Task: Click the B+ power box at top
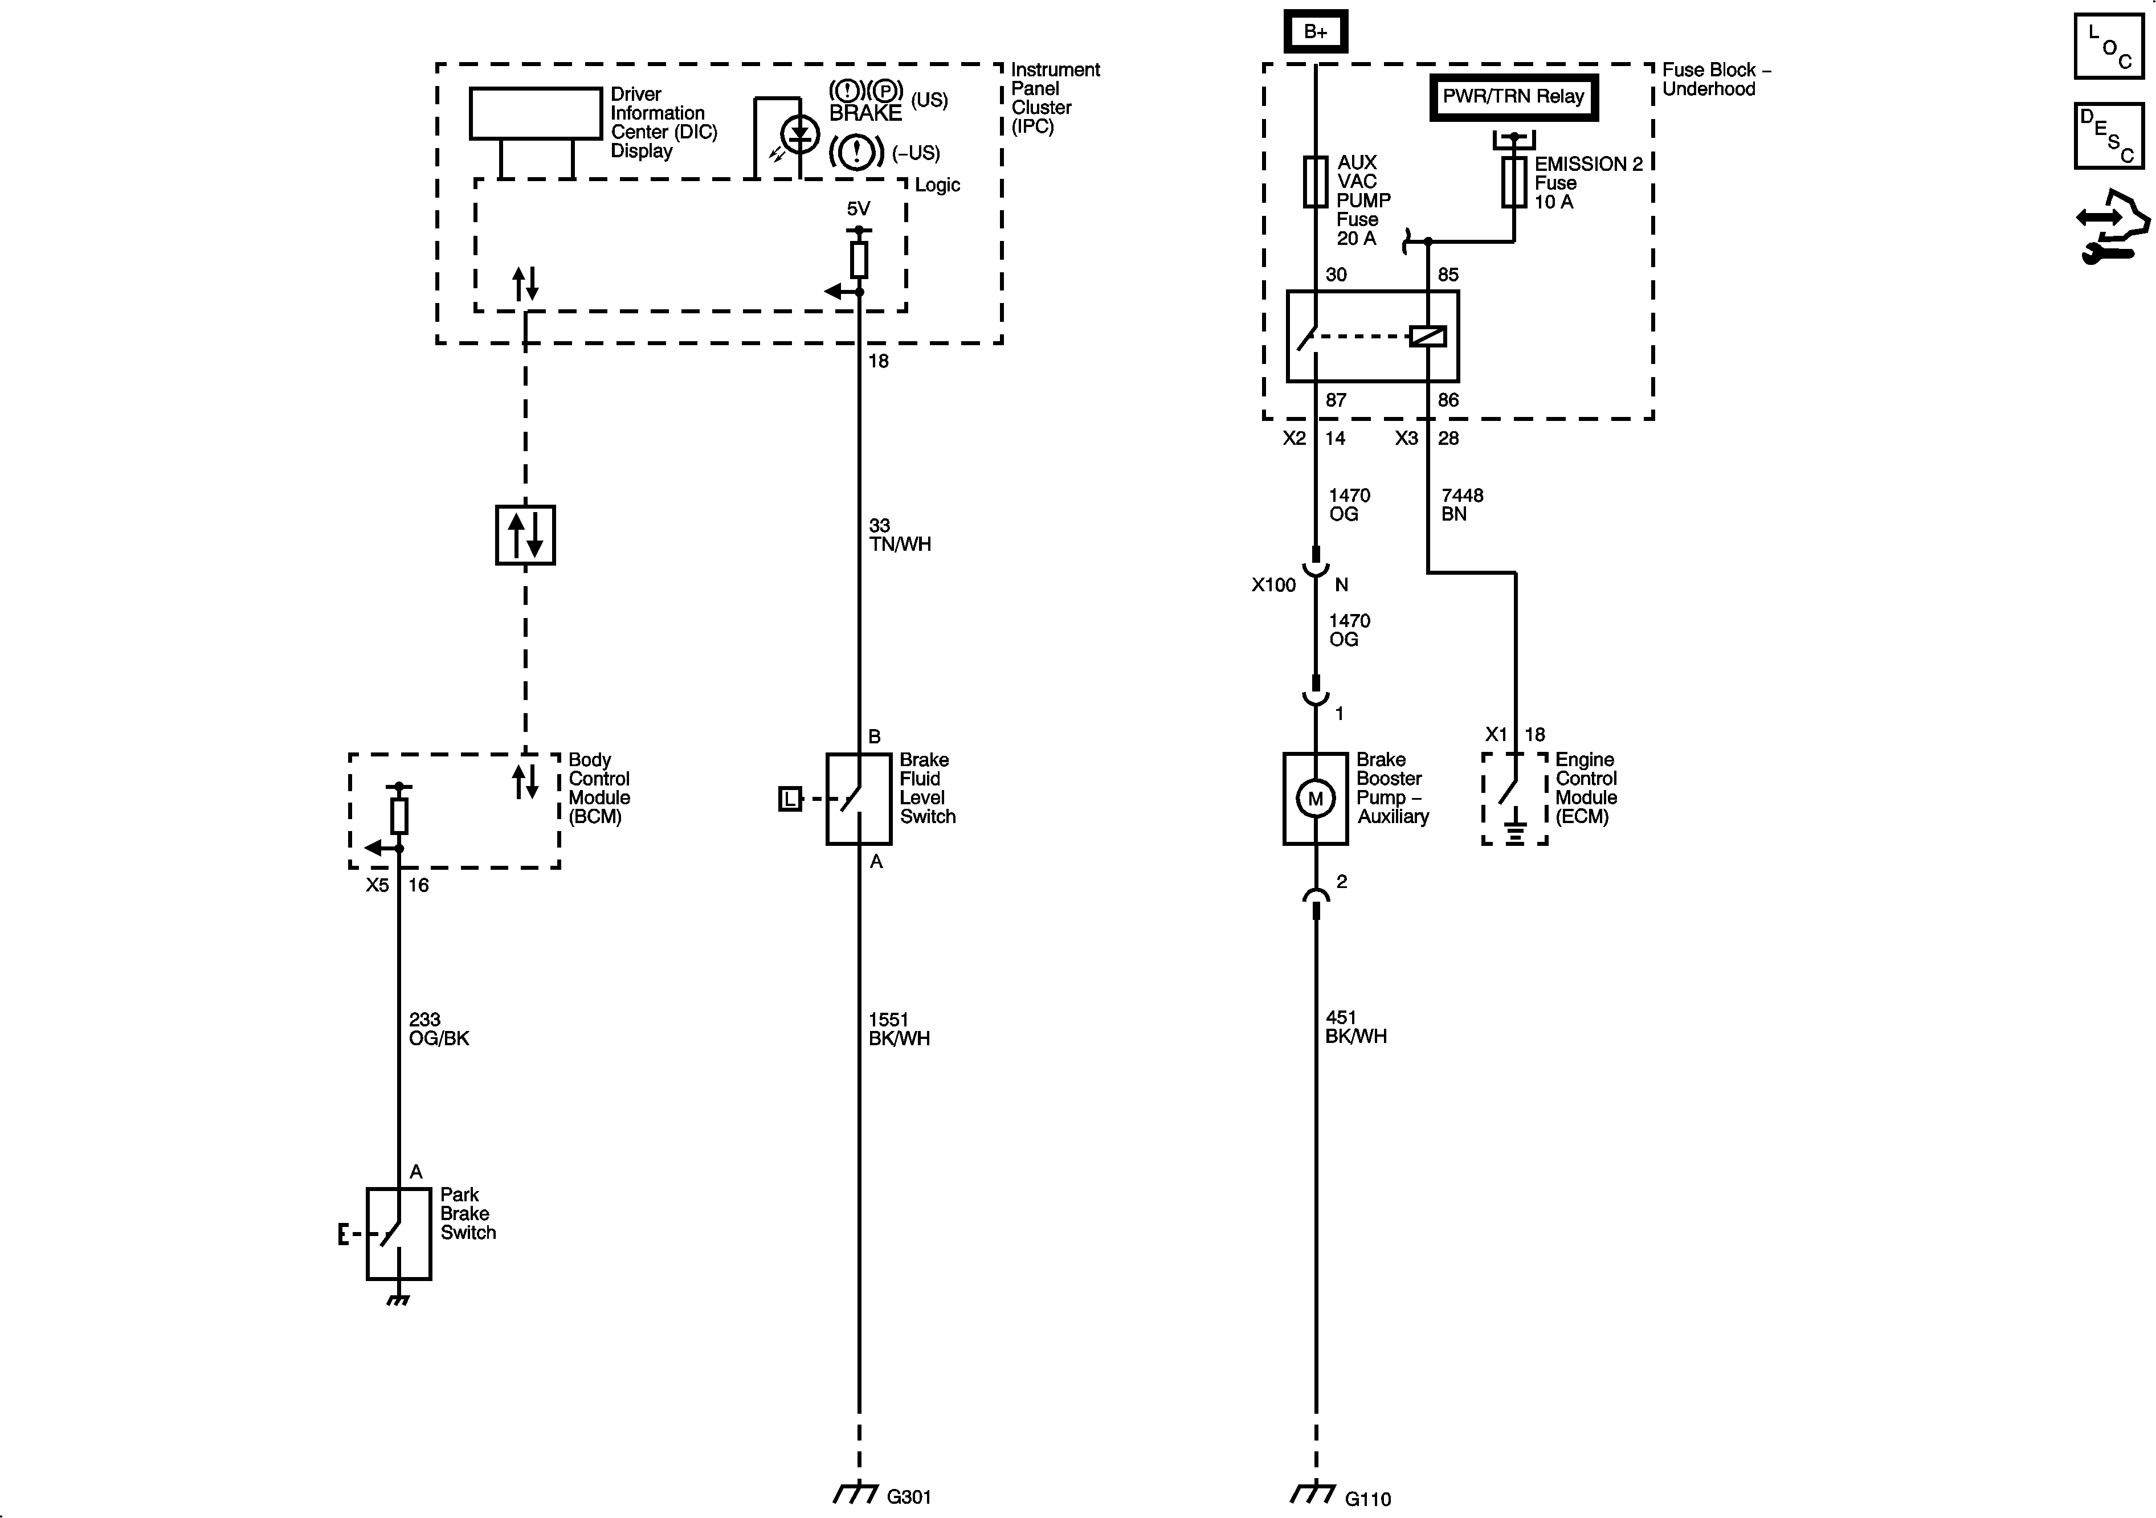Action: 1316,32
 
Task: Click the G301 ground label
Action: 908,1496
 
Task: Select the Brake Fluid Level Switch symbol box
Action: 858,799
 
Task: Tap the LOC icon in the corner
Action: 2108,46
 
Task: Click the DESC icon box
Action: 2108,136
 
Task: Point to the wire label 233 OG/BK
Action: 439,1029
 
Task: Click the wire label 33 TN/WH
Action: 899,534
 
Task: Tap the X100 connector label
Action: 1273,585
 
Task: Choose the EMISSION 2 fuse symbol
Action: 1514,182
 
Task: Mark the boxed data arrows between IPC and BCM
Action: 525,535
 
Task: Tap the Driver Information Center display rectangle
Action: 535,113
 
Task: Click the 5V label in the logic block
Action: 858,208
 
